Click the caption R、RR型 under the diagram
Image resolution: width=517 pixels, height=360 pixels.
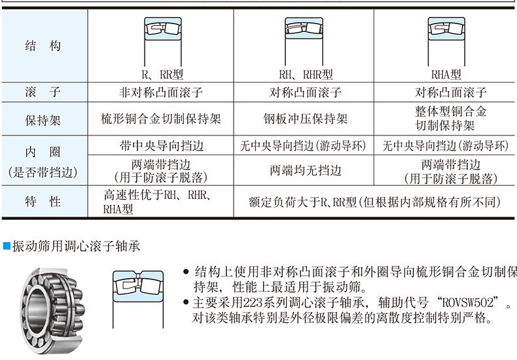160,75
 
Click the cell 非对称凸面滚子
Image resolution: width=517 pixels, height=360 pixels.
161,92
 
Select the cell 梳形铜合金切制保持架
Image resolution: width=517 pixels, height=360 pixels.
161,119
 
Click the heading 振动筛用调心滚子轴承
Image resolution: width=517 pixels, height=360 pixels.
76,247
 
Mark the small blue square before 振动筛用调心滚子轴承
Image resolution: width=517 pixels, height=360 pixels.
7,247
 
